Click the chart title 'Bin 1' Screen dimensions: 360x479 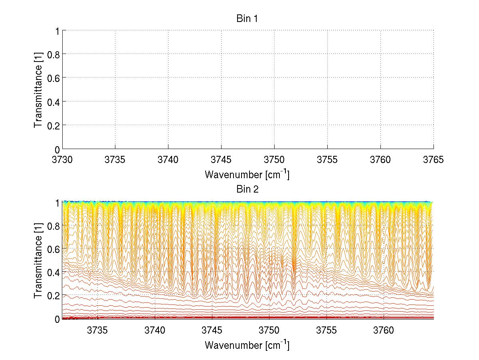247,19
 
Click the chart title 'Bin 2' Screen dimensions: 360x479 247,189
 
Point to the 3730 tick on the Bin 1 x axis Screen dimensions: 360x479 62,160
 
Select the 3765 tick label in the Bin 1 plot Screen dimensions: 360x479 433,160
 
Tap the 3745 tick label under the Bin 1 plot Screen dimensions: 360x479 221,160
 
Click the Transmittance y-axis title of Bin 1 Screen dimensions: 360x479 38,89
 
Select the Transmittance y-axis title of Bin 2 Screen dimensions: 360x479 38,260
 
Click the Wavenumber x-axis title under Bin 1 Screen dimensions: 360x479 247,175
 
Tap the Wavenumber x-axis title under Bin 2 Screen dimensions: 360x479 247,345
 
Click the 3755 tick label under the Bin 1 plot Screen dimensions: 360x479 327,160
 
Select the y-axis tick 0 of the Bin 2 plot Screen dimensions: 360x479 57,319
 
